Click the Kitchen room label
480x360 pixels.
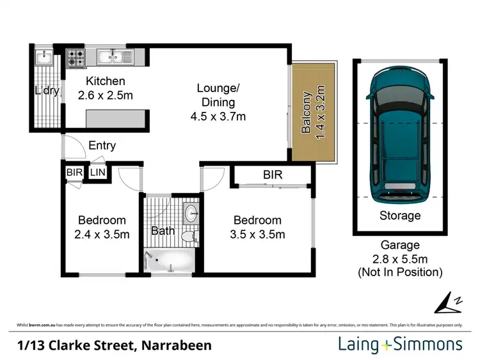106,82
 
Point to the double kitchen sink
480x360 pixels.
115,58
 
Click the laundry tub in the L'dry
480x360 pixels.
44,59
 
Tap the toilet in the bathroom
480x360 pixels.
188,237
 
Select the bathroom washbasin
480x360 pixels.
191,213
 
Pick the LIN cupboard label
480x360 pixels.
98,173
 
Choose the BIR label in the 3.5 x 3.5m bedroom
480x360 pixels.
272,175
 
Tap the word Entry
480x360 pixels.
102,146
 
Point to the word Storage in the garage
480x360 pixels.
400,215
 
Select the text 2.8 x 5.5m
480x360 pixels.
400,258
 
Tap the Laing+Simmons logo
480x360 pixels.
400,345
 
